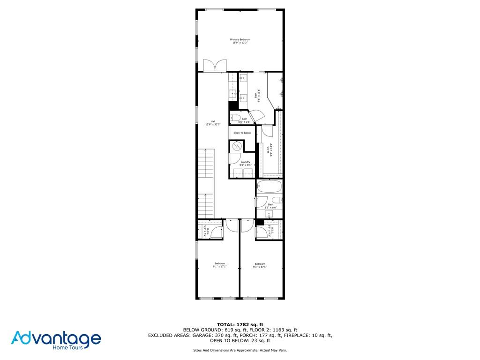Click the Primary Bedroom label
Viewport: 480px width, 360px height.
tap(240, 41)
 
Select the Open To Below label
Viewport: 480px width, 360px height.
tap(242, 133)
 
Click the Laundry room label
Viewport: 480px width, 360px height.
tap(246, 164)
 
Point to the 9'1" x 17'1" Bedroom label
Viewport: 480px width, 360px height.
tap(220, 265)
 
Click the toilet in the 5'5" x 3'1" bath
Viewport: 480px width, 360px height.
tap(235, 118)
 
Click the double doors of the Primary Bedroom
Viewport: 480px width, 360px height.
tap(215, 66)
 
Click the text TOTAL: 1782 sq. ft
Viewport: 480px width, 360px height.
tap(240, 324)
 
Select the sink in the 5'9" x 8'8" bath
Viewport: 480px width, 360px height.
tap(270, 214)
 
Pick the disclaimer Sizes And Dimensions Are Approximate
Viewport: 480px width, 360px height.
tap(240, 350)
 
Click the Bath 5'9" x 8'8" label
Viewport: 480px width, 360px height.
tap(270, 206)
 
